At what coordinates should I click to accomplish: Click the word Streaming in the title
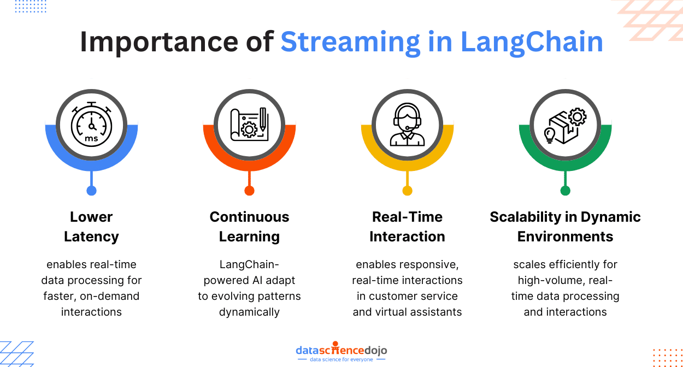pyautogui.click(x=350, y=43)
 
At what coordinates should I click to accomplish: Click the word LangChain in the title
pyautogui.click(x=532, y=43)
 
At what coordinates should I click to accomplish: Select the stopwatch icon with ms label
pyautogui.click(x=91, y=125)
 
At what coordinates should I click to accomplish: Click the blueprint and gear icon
pyautogui.click(x=249, y=125)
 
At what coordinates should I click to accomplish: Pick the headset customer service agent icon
pyautogui.click(x=407, y=125)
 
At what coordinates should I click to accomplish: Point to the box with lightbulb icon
pyautogui.click(x=565, y=125)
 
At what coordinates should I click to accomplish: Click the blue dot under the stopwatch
pyautogui.click(x=91, y=191)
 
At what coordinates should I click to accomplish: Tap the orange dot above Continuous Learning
pyautogui.click(x=249, y=191)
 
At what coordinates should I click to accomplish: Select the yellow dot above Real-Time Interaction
pyautogui.click(x=407, y=191)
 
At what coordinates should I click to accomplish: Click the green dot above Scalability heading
pyautogui.click(x=565, y=191)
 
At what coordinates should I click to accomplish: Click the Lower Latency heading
pyautogui.click(x=91, y=227)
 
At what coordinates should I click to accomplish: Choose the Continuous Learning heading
pyautogui.click(x=249, y=227)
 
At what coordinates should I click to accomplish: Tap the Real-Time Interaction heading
pyautogui.click(x=407, y=227)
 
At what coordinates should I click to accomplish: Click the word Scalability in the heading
pyautogui.click(x=526, y=217)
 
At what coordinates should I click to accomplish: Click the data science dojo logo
pyautogui.click(x=341, y=353)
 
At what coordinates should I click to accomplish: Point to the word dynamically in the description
pyautogui.click(x=249, y=312)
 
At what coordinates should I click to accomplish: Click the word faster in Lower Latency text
pyautogui.click(x=59, y=297)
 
